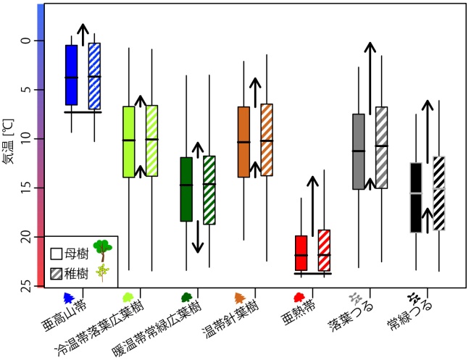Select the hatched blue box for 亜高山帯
click(x=94, y=75)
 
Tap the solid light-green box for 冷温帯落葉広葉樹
click(x=128, y=141)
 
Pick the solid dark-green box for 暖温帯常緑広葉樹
click(x=186, y=189)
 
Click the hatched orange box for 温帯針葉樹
click(x=267, y=140)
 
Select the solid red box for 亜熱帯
click(x=301, y=252)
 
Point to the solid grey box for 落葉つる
click(x=358, y=151)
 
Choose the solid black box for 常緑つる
click(x=416, y=197)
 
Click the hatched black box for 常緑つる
click(x=439, y=193)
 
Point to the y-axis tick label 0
click(x=26, y=41)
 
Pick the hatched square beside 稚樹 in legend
click(x=57, y=273)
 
